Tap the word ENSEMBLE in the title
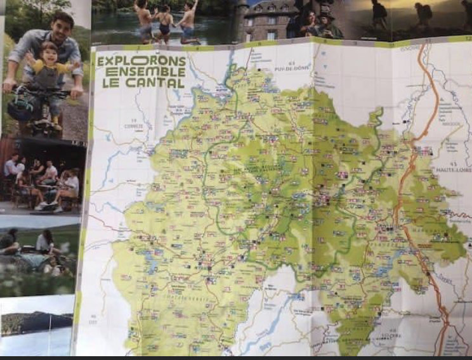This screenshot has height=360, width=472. pos(141,72)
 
